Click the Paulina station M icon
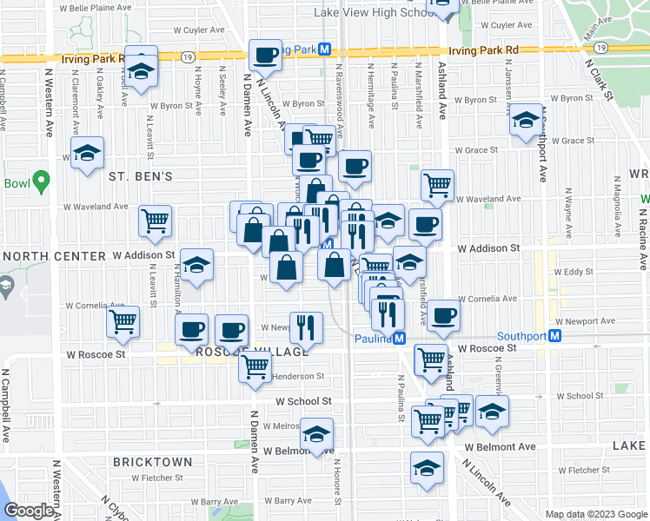pos(399,338)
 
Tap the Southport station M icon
pos(554,336)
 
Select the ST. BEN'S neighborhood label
pos(141,176)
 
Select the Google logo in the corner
pos(29,511)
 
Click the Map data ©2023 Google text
pos(595,514)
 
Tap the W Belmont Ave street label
pos(500,446)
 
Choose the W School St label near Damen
pos(303,401)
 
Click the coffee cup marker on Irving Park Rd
pos(265,56)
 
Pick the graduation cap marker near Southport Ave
pos(526,122)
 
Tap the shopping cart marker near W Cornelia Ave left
pos(123,321)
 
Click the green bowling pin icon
pos(40,182)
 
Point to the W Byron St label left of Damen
pos(170,106)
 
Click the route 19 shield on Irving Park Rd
pos(188,57)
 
